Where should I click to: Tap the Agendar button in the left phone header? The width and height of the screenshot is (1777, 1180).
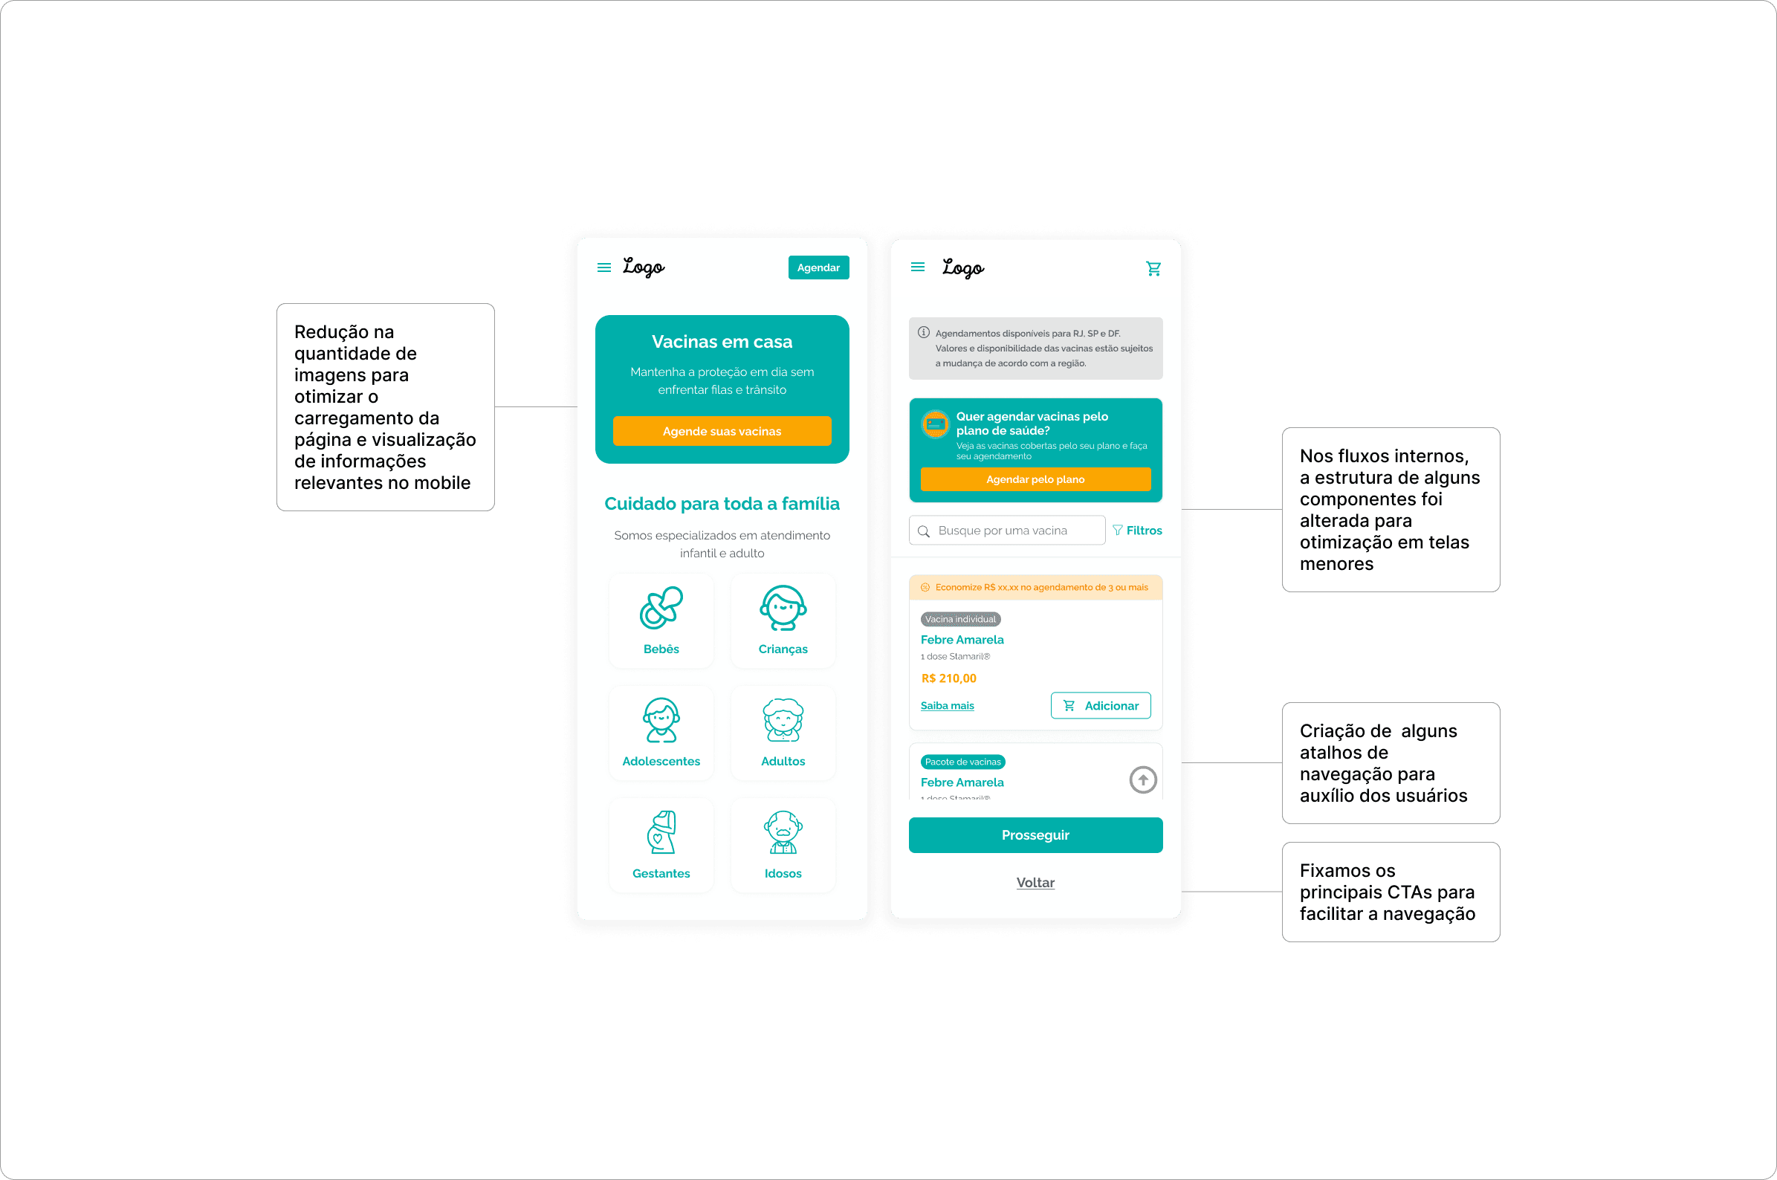tap(818, 268)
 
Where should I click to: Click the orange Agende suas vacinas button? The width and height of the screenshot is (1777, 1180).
tap(722, 431)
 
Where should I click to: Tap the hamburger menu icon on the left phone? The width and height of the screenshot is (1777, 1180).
tap(603, 268)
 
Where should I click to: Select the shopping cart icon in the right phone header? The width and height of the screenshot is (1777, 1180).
tap(1153, 269)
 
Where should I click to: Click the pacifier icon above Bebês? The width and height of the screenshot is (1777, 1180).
tap(661, 608)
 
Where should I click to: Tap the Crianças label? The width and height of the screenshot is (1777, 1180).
tap(783, 649)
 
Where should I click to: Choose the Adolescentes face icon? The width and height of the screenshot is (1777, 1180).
tap(661, 720)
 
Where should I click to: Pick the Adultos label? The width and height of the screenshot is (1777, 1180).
tap(783, 761)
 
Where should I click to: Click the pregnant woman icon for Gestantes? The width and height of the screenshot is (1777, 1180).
tap(661, 832)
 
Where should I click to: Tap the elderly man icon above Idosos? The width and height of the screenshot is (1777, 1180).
tap(783, 832)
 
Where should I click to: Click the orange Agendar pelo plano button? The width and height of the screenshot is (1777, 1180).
tap(1035, 479)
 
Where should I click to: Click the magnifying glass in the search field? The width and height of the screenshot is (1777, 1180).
tap(924, 531)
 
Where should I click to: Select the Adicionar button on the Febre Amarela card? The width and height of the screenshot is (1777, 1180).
tap(1101, 706)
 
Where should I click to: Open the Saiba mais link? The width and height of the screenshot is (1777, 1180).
tap(947, 706)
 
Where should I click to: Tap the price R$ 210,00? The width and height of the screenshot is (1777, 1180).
tap(948, 678)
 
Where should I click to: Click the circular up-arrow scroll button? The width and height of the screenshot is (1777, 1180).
tap(1142, 779)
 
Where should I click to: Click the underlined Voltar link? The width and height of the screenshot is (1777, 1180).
tap(1035, 883)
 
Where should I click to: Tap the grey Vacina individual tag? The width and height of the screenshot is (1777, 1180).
tap(960, 619)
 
